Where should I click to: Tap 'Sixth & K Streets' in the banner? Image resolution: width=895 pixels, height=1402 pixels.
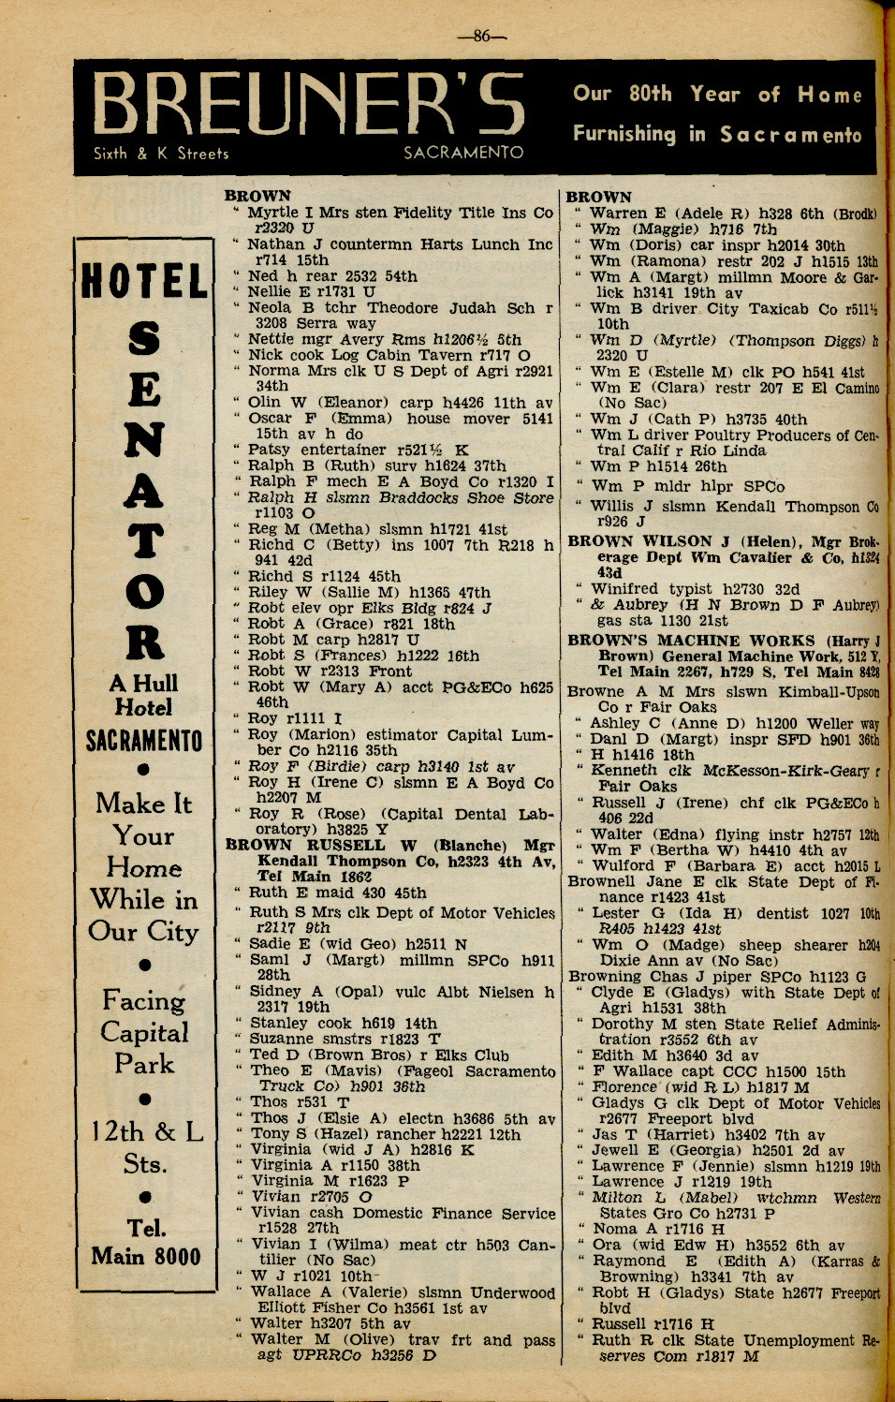(x=161, y=154)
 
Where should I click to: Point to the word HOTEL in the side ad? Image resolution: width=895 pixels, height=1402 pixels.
(x=144, y=282)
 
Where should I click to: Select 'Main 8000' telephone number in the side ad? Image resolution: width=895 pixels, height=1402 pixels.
(x=146, y=1256)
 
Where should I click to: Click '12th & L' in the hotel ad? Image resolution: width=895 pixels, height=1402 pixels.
(x=147, y=1131)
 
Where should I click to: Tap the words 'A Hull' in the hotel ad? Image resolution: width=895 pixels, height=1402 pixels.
(x=143, y=683)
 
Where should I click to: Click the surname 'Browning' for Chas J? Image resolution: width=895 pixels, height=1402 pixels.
(x=605, y=976)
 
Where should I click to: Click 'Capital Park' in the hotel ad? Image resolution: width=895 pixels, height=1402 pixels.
(x=144, y=1048)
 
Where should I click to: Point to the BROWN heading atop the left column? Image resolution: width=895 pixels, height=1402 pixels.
(x=257, y=196)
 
